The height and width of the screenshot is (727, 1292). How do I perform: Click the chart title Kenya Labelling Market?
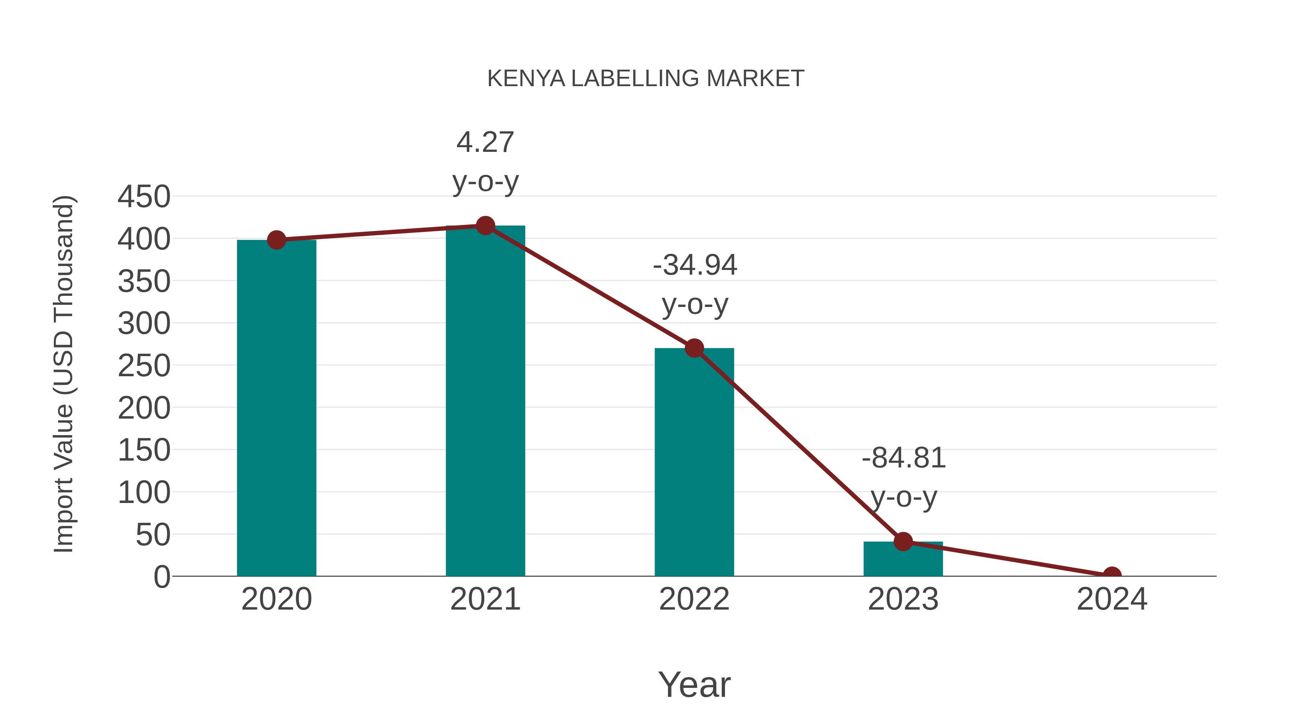coord(646,79)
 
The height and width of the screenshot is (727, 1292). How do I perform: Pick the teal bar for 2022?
coord(694,462)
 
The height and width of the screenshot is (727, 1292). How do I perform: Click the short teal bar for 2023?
coord(903,559)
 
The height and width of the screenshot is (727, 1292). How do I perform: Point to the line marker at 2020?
coord(276,240)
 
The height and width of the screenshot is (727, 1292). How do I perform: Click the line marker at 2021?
coord(485,226)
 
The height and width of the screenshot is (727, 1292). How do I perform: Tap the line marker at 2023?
coord(903,542)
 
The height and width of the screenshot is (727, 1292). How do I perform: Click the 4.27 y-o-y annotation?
coord(485,162)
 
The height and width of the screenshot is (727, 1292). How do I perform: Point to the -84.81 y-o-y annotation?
coord(903,477)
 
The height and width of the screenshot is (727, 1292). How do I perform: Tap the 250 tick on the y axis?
coord(144,366)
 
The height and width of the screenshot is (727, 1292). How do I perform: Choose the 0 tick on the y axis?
coord(162,577)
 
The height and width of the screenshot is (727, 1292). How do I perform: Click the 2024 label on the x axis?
coord(1112,599)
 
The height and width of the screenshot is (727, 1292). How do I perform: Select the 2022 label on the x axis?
coord(694,599)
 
